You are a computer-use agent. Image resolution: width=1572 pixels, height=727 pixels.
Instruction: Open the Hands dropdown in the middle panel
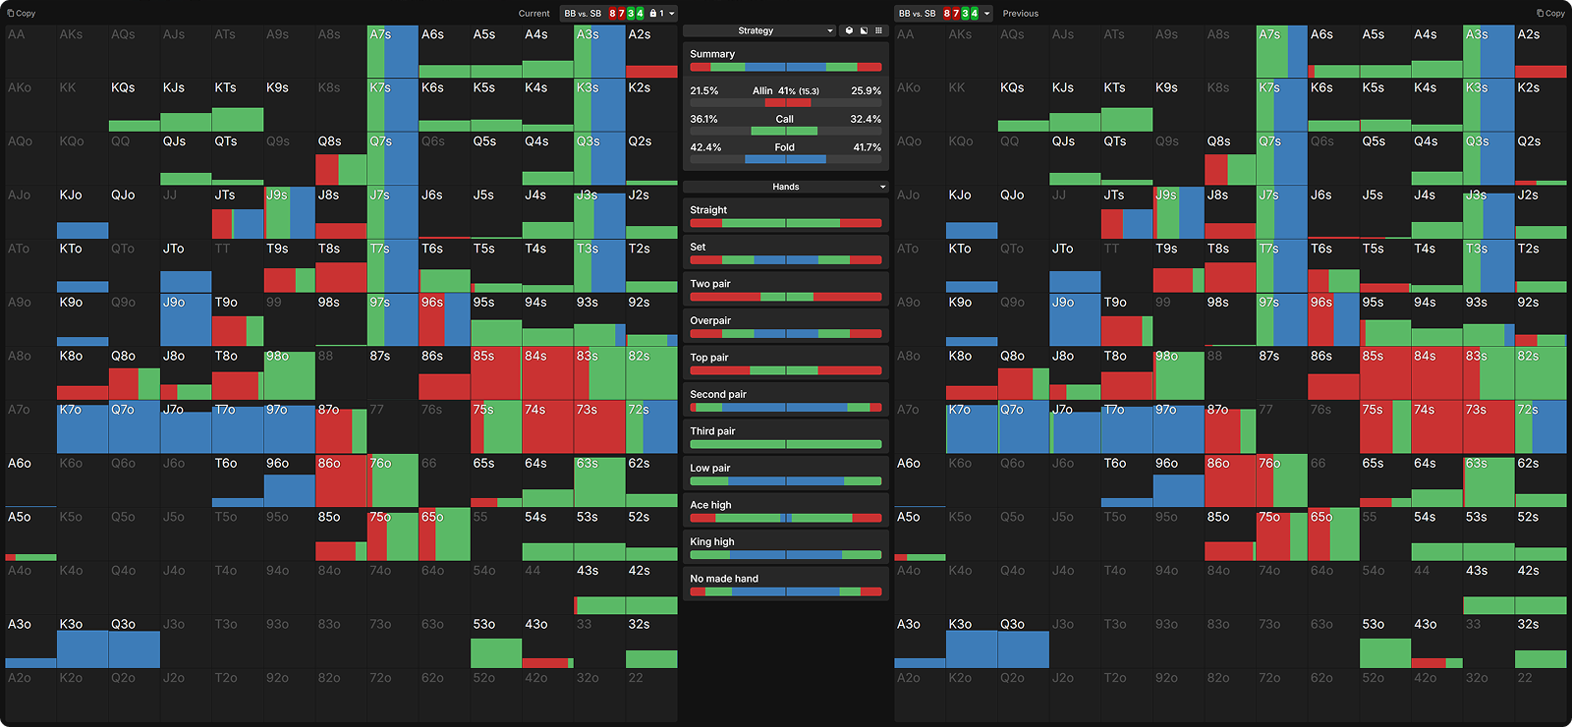coord(786,187)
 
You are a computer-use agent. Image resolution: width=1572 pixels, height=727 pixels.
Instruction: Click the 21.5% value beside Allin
coord(703,90)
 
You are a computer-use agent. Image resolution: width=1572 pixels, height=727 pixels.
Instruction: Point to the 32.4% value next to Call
coord(866,119)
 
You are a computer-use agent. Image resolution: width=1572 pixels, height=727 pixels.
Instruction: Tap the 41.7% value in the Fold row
coord(867,147)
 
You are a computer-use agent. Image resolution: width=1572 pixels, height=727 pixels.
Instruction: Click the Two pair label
coord(710,284)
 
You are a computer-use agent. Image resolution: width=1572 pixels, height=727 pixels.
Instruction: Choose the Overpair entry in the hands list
coord(710,321)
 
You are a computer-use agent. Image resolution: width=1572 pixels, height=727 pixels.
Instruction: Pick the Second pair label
coord(718,395)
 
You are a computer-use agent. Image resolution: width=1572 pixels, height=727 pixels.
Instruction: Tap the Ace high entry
coord(710,505)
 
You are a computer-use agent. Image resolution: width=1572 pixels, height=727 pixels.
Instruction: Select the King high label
coord(712,542)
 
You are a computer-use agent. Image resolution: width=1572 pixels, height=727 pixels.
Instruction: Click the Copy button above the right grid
coord(1550,14)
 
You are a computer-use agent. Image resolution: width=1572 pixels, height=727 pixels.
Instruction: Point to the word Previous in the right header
coord(1020,14)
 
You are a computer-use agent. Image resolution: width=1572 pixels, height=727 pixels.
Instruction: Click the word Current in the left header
coord(533,14)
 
